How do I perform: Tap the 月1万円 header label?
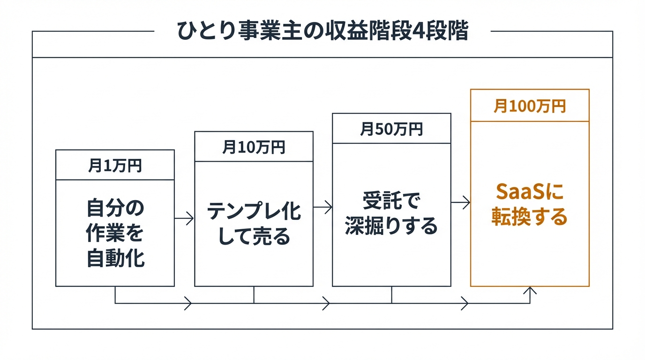click(x=115, y=165)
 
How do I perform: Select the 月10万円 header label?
click(x=254, y=147)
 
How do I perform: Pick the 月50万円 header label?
click(x=391, y=129)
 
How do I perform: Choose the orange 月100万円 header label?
click(x=530, y=106)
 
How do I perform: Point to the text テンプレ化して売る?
click(x=254, y=224)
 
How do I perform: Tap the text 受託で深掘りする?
click(x=391, y=214)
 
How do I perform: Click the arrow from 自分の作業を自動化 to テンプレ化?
click(x=184, y=218)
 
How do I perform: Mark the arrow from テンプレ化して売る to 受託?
click(x=322, y=207)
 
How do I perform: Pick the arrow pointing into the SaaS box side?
click(x=461, y=202)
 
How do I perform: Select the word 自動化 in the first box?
click(x=115, y=258)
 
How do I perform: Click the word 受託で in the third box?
click(x=391, y=202)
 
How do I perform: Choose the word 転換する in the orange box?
click(x=530, y=217)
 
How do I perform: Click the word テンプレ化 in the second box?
click(x=254, y=211)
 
